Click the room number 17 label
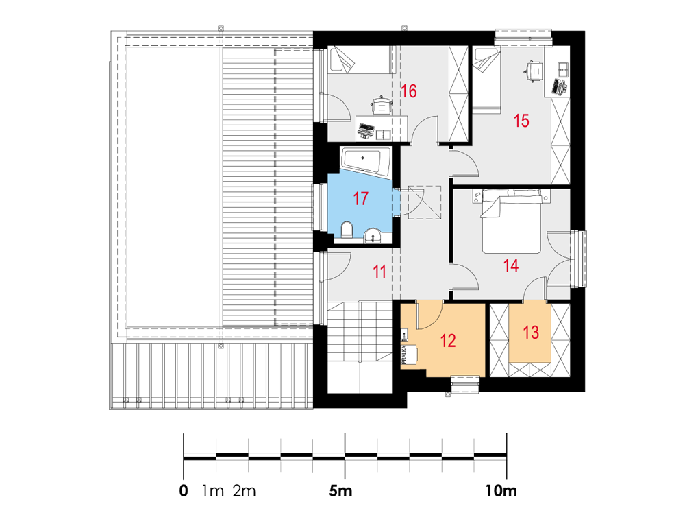point(360,198)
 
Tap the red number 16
point(409,91)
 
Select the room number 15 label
point(521,121)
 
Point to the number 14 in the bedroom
point(511,265)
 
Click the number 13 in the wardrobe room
point(531,333)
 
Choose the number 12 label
point(448,341)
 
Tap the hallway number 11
point(379,272)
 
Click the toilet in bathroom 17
point(347,230)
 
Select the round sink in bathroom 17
point(373,235)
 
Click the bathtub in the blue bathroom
point(366,163)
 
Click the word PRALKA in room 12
point(405,355)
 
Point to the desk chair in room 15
point(534,71)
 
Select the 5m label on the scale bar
point(340,491)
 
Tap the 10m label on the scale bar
point(501,491)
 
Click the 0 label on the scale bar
point(184,491)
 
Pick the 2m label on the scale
point(244,491)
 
